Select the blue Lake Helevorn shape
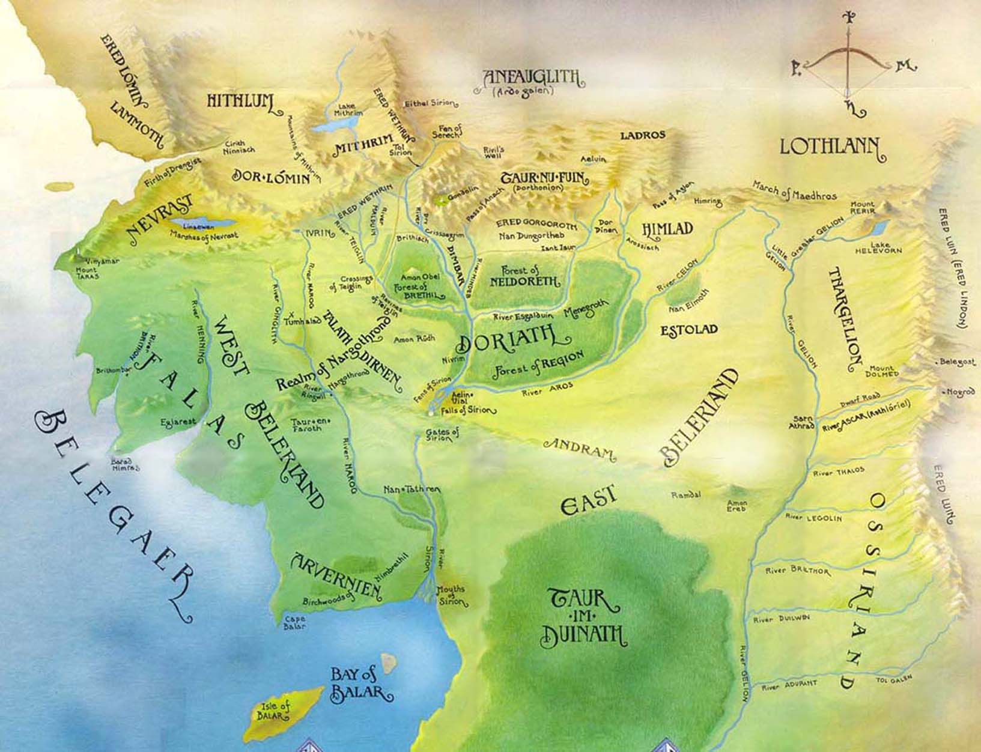click(879, 227)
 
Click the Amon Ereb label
click(737, 505)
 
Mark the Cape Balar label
click(295, 622)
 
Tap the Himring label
click(708, 202)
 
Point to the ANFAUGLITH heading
click(532, 77)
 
